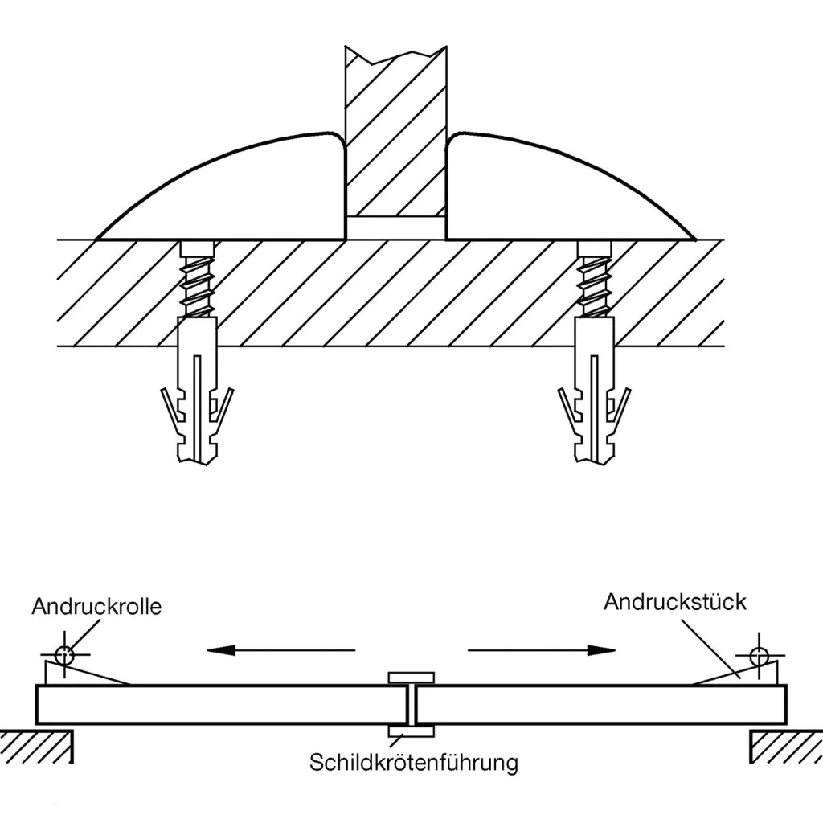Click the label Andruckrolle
point(96,605)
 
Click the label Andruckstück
point(675,601)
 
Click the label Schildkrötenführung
point(414,761)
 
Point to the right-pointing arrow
point(542,649)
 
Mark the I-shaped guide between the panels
point(411,704)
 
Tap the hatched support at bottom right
point(786,746)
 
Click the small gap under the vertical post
point(395,227)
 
